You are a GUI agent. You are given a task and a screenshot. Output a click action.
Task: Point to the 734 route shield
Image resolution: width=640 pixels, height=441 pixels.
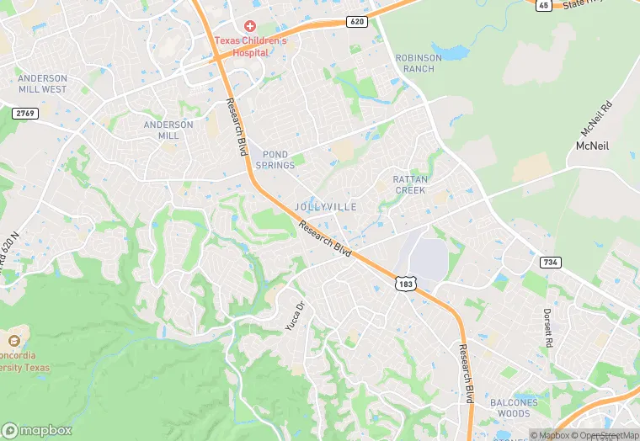click(550, 263)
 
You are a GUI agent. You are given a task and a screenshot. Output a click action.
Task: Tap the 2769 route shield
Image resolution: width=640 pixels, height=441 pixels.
click(24, 113)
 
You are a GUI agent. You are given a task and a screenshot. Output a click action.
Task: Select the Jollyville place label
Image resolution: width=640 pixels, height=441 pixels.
click(326, 206)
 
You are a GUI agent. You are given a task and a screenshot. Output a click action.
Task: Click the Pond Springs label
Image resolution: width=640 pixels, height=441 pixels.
click(279, 160)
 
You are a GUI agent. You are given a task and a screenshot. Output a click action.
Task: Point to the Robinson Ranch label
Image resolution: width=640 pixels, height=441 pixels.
click(419, 63)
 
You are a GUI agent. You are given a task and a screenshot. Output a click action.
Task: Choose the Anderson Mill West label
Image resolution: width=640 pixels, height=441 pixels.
click(42, 84)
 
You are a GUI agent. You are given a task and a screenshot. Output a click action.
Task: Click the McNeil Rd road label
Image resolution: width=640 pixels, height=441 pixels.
click(599, 120)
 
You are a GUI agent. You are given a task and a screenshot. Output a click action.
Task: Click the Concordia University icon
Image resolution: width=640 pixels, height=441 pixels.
click(13, 341)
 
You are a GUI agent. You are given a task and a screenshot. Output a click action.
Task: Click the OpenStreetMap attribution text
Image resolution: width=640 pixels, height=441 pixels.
click(605, 435)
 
